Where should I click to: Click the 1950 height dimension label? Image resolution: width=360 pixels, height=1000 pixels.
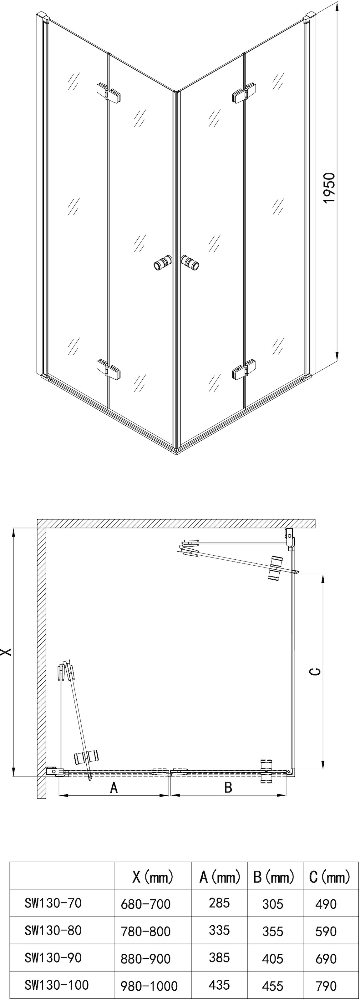pyautogui.click(x=328, y=188)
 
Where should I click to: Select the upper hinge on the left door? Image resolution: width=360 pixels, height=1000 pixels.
pyautogui.click(x=108, y=93)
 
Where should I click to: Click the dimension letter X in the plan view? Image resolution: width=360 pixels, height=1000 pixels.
pyautogui.click(x=6, y=652)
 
